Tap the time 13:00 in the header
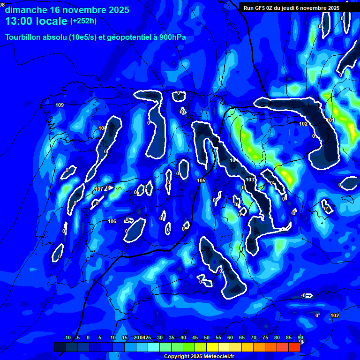[20, 21]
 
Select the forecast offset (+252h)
[84, 21]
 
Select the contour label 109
[60, 105]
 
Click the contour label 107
[99, 189]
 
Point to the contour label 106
[112, 221]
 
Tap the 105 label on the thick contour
[202, 180]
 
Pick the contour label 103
[250, 180]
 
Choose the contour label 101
[331, 120]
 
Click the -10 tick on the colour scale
[67, 338]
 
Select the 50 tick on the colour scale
[206, 338]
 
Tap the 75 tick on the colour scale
[265, 338]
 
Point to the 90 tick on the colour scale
[300, 338]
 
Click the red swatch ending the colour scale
[294, 347]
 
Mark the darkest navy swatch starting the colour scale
[60, 347]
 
